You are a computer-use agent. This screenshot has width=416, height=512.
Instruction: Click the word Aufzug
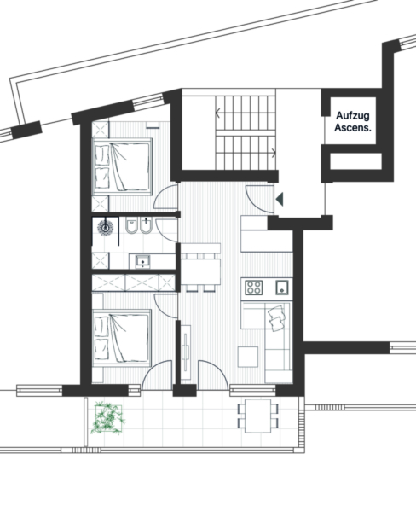[353, 115]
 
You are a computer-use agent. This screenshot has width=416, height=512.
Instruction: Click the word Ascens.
[353, 127]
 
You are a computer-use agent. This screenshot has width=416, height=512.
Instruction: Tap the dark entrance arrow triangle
[280, 199]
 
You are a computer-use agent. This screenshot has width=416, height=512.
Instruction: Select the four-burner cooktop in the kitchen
[254, 288]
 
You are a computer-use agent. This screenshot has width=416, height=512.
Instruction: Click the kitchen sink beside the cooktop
[282, 288]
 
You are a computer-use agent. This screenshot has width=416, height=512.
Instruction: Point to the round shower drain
[106, 227]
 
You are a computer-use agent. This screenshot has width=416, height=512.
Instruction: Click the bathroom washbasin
[143, 261]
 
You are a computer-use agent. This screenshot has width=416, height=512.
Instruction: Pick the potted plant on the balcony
[108, 418]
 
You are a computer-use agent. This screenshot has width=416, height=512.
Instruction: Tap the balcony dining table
[258, 416]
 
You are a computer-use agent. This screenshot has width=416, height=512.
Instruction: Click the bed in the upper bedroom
[123, 167]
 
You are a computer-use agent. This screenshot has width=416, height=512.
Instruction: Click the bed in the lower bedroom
[122, 337]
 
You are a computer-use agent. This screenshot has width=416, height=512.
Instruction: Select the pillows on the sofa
[277, 317]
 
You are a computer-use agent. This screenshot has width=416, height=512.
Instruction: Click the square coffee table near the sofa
[248, 357]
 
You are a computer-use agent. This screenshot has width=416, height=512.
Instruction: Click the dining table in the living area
[200, 271]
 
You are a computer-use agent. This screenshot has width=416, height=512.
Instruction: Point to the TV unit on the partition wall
[186, 352]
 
